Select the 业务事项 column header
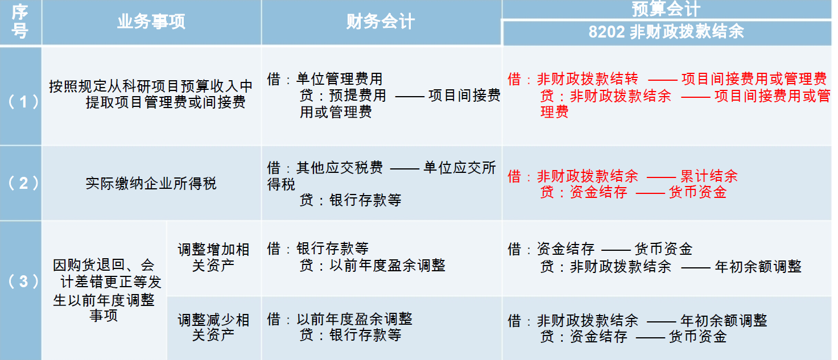pos(151,22)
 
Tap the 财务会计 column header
pos(381,22)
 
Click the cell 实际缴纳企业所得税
pos(151,184)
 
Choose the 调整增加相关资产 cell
pos(213,257)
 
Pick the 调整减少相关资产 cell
pos(213,328)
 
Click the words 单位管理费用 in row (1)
pos(340,78)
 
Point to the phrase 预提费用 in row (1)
pos(358,96)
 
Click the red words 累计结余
pos(709,176)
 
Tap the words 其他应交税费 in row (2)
pos(340,168)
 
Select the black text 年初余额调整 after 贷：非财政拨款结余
pos(758,266)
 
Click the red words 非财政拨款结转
pos(588,78)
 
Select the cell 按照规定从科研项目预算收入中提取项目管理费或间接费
pos(151,94)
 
